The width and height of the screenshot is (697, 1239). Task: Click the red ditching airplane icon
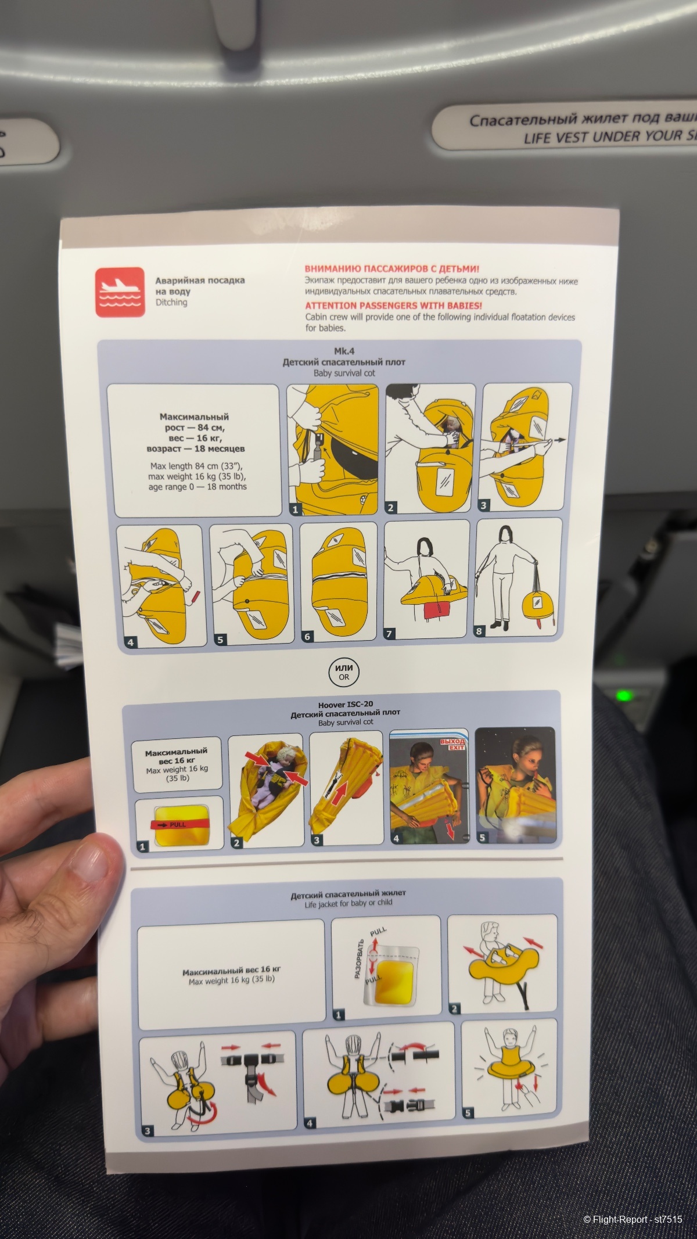tap(120, 292)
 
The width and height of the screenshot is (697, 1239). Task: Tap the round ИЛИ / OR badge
tap(344, 673)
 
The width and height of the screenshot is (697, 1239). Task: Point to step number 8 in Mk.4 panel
tap(479, 631)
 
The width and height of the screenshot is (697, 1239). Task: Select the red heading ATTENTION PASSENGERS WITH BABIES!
tap(393, 305)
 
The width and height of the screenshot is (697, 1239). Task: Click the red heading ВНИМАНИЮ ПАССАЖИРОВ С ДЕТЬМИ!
tap(392, 269)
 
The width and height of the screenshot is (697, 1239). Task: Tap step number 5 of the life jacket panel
tap(468, 1113)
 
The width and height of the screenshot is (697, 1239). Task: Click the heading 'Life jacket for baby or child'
tap(348, 903)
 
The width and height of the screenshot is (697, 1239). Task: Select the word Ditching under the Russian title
tap(171, 303)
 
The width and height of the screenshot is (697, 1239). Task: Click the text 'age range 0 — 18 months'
tap(197, 487)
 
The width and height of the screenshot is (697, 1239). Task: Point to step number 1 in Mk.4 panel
tap(295, 509)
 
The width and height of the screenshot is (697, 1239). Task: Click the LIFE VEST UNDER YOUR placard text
tap(610, 138)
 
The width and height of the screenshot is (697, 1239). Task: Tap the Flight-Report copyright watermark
tap(633, 1215)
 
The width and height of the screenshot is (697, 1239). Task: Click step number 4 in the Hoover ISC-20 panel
tap(396, 838)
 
